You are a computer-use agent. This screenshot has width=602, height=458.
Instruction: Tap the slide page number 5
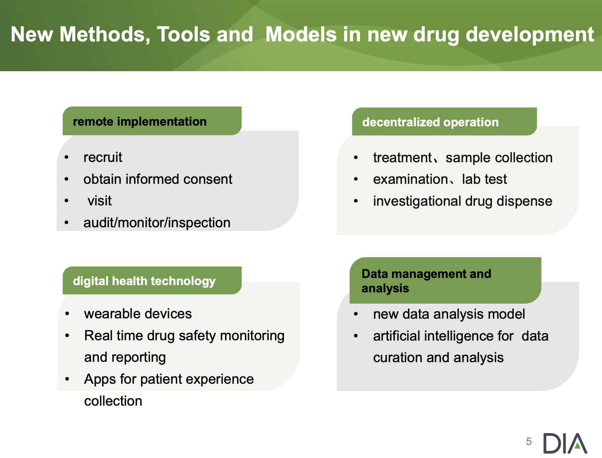point(529,442)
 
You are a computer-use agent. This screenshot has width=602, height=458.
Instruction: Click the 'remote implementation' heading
point(140,122)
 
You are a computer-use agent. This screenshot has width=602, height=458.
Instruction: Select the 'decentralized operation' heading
point(430,122)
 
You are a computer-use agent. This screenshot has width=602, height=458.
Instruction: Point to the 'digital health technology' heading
point(144,281)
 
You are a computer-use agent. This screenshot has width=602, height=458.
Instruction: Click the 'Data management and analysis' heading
point(426,281)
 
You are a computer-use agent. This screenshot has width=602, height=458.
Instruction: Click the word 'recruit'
point(103,157)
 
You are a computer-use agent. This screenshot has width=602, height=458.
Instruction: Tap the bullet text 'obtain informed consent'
point(158,179)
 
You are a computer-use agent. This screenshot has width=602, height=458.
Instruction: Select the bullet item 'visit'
point(100,201)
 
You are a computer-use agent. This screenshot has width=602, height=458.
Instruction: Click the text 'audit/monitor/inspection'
point(157,223)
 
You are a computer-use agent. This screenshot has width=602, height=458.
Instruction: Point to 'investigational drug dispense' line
point(462,201)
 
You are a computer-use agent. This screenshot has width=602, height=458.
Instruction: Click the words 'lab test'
point(484,179)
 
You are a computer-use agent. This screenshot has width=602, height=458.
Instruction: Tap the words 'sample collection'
point(499,158)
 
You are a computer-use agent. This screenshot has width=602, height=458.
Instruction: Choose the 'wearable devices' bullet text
point(138,314)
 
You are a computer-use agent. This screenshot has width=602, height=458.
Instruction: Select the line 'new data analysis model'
point(449,314)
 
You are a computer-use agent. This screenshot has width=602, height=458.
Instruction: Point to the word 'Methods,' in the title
point(105,35)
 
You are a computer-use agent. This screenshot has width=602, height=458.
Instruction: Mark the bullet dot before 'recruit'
point(67,157)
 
